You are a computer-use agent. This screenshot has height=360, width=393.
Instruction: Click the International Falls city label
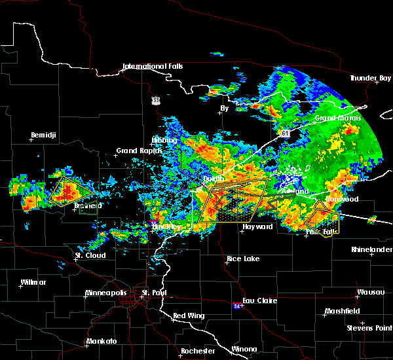click(x=153, y=66)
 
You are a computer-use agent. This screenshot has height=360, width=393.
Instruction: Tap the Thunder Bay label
click(x=370, y=78)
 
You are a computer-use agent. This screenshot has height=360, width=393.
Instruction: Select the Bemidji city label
click(x=45, y=135)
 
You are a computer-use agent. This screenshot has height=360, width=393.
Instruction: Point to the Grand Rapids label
click(x=136, y=151)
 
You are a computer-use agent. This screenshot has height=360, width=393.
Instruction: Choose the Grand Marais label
click(x=338, y=118)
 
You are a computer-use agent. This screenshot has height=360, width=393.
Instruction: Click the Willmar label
click(x=33, y=282)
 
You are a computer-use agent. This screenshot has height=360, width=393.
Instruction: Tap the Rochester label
click(x=198, y=351)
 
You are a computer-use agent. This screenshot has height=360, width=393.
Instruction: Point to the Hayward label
click(x=257, y=226)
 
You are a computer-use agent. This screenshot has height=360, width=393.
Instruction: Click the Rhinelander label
click(x=371, y=249)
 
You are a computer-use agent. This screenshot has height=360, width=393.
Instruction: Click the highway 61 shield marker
click(x=286, y=133)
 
